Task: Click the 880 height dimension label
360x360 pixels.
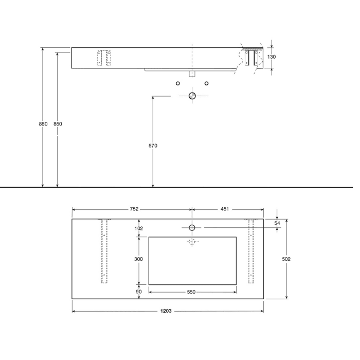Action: click(43, 124)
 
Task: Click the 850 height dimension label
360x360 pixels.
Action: click(58, 124)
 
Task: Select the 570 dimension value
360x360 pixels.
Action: click(153, 146)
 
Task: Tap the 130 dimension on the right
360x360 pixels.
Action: click(272, 57)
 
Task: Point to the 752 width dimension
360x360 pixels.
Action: click(134, 209)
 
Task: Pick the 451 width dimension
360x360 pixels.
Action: click(225, 209)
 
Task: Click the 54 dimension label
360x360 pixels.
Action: click(277, 223)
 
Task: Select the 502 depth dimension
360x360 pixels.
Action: click(286, 259)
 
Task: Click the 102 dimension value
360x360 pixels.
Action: click(138, 228)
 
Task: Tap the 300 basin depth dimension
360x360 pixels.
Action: click(138, 259)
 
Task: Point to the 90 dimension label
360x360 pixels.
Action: click(138, 292)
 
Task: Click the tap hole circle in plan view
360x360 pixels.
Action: click(192, 227)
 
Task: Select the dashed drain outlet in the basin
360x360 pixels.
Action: click(192, 241)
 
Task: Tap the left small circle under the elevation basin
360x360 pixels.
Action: click(177, 83)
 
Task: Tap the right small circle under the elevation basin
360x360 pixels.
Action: click(206, 83)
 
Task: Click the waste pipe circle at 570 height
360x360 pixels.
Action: click(192, 96)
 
